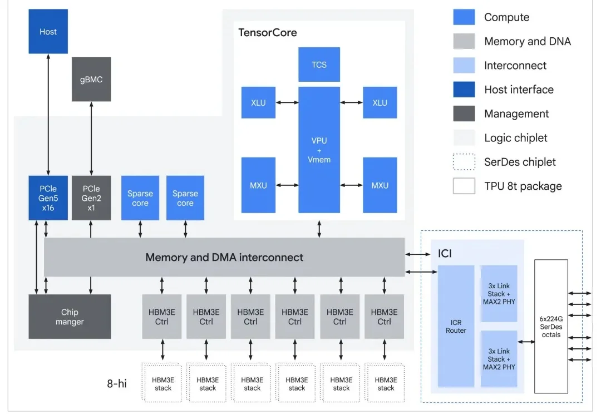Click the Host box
(x=48, y=32)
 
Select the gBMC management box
(x=91, y=79)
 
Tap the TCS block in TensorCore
(x=319, y=65)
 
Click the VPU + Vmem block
(x=319, y=150)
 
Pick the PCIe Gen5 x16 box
(x=48, y=198)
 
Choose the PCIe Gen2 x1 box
(x=91, y=198)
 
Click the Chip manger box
(x=70, y=317)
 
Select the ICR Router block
(x=456, y=326)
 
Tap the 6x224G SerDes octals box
(x=551, y=326)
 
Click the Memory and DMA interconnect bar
(x=224, y=257)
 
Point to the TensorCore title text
(x=268, y=32)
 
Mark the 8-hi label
(x=117, y=383)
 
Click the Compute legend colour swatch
(x=464, y=17)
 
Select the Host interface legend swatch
(x=464, y=90)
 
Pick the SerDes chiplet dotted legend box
(x=464, y=162)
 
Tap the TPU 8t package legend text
(x=523, y=186)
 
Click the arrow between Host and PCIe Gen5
(x=48, y=115)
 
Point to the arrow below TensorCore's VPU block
(x=319, y=228)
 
